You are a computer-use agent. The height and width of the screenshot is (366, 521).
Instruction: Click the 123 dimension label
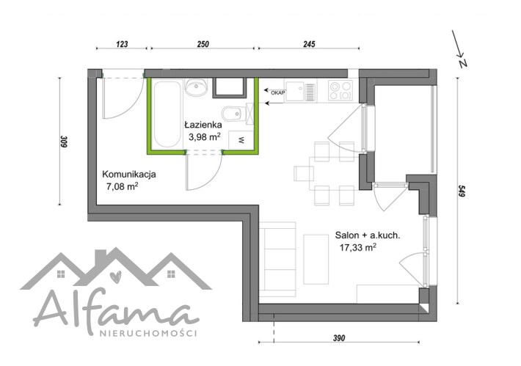point(123,44)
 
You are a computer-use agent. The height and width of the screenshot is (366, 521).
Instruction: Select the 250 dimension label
point(203,44)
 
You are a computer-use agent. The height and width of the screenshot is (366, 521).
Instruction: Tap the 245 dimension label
point(309,44)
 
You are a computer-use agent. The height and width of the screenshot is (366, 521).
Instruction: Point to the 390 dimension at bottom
point(339,338)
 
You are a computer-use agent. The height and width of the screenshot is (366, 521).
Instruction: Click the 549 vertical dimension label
point(461,191)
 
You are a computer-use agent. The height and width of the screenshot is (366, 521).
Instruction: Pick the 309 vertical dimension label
point(64,142)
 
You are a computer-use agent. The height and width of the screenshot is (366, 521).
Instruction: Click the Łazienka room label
point(203,125)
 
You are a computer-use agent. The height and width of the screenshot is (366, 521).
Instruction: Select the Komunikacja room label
point(129,175)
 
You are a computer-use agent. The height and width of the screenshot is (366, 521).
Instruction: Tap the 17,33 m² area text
point(358,247)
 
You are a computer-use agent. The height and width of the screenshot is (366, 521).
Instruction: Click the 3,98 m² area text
point(205,136)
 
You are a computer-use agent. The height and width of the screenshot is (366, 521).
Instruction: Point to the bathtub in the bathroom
point(167,114)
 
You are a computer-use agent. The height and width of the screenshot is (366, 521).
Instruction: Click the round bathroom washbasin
point(196,88)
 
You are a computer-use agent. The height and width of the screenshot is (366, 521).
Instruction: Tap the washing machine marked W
point(241,140)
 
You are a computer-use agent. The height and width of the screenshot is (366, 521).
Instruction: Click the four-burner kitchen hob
point(340,91)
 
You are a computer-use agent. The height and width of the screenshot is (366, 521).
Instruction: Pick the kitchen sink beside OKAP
point(300,91)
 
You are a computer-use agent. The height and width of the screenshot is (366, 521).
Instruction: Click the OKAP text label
point(278,93)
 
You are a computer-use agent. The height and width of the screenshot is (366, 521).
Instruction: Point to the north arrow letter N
point(463,63)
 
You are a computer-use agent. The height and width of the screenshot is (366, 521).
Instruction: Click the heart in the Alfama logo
point(116,277)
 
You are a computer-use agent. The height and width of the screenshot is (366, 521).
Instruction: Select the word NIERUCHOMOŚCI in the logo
point(148,333)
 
